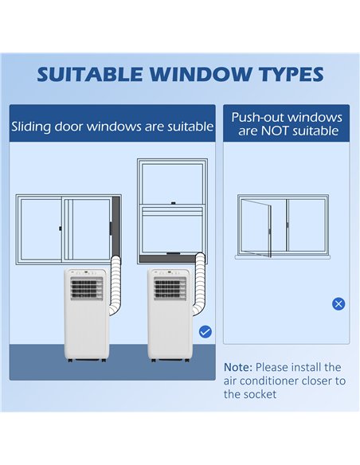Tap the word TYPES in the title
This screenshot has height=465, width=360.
(292, 74)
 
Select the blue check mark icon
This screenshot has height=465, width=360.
(205, 331)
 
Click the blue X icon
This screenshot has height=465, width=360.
(338, 304)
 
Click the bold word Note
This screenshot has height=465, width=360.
(238, 367)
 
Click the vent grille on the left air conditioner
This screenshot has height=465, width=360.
(87, 288)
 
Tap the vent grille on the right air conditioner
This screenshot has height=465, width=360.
(170, 288)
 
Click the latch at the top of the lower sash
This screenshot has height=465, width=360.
(173, 204)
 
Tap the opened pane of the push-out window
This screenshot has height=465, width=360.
(256, 229)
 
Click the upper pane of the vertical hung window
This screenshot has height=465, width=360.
(172, 183)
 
